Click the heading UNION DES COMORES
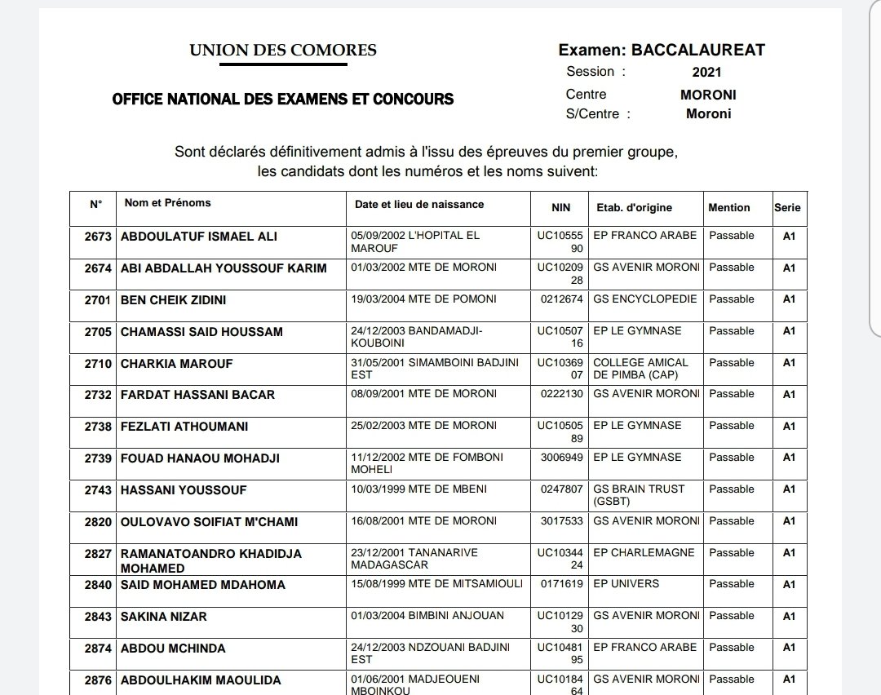[x=283, y=51]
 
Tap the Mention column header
[x=728, y=207]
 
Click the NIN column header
[x=560, y=208]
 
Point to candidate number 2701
[x=98, y=300]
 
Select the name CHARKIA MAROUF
[x=176, y=364]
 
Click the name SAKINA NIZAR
[x=163, y=617]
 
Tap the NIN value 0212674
[x=562, y=299]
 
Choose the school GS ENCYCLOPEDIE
[x=645, y=299]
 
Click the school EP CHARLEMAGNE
[x=644, y=553]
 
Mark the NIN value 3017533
[x=562, y=521]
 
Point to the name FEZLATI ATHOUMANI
[x=184, y=427]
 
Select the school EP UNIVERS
[x=626, y=584]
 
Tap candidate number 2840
[x=98, y=585]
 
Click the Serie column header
[x=787, y=207]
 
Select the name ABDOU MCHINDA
[x=173, y=649]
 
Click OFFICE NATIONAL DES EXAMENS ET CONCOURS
[x=282, y=100]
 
